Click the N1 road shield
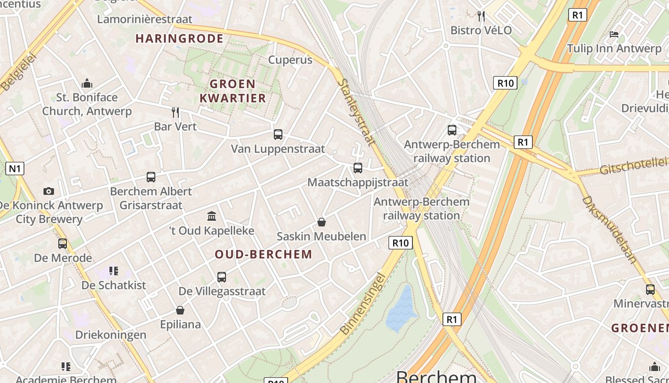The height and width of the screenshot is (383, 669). tap(15, 169)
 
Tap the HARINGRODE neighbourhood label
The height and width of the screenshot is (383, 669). tap(180, 39)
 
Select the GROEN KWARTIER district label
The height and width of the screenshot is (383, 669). tap(238, 91)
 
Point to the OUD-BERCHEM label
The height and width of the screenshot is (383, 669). tap(263, 254)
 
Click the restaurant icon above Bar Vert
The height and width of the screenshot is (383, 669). tap(175, 113)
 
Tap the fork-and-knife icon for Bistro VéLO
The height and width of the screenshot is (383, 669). tap(481, 16)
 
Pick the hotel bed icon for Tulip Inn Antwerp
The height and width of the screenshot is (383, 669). tap(614, 34)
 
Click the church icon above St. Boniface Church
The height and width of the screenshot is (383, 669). tap(87, 84)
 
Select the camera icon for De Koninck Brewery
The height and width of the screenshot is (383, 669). tap(49, 191)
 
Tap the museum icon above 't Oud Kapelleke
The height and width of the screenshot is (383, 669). tap(212, 216)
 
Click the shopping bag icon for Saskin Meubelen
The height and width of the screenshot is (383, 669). tap(322, 222)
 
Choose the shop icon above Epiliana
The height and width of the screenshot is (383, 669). tap(180, 310)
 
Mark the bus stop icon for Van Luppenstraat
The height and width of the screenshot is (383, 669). tap(278, 135)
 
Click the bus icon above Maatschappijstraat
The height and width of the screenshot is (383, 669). tap(358, 168)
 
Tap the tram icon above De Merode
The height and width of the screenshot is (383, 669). tap(63, 244)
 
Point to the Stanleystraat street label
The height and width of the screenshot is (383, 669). tap(356, 112)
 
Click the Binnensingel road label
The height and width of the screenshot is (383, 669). tap(362, 304)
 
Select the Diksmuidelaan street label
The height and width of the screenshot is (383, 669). tap(610, 230)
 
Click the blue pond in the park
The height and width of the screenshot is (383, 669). tap(401, 309)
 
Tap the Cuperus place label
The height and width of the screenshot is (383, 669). tap(290, 60)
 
